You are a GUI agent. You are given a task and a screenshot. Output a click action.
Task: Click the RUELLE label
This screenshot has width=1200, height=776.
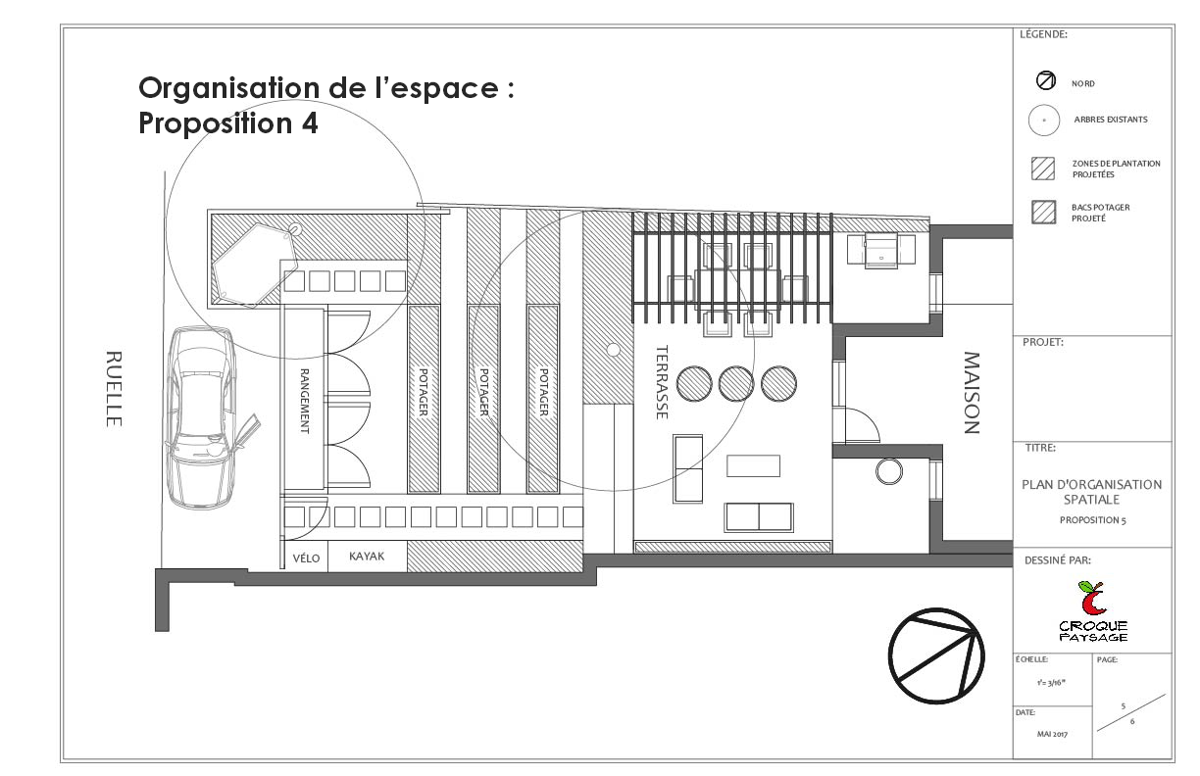click(113, 388)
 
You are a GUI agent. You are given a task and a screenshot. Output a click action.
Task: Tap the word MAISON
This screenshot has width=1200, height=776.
click(971, 392)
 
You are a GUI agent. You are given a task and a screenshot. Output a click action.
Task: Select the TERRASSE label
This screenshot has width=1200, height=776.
click(662, 382)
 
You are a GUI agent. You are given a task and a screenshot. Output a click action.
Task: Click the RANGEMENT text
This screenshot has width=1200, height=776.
click(304, 401)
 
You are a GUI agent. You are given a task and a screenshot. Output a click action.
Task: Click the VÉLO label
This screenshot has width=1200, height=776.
click(307, 558)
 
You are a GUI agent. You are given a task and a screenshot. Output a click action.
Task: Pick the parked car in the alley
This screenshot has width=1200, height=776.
click(201, 416)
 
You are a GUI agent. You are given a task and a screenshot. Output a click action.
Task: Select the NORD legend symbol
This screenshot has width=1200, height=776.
click(1045, 82)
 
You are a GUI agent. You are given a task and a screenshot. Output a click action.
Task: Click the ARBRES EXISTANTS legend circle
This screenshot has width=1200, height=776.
click(1044, 120)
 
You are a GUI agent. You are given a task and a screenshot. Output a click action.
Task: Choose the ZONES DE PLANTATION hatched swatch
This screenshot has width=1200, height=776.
click(1043, 169)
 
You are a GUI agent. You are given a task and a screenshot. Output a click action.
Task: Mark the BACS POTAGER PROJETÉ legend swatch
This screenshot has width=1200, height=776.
click(1043, 213)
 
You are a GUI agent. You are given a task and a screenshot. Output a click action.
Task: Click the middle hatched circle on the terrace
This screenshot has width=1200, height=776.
click(735, 383)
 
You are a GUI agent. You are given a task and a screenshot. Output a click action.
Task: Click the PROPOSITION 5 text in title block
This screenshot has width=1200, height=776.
click(1091, 520)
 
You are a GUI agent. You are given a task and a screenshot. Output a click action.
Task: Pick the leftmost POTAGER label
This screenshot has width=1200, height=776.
click(423, 392)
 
